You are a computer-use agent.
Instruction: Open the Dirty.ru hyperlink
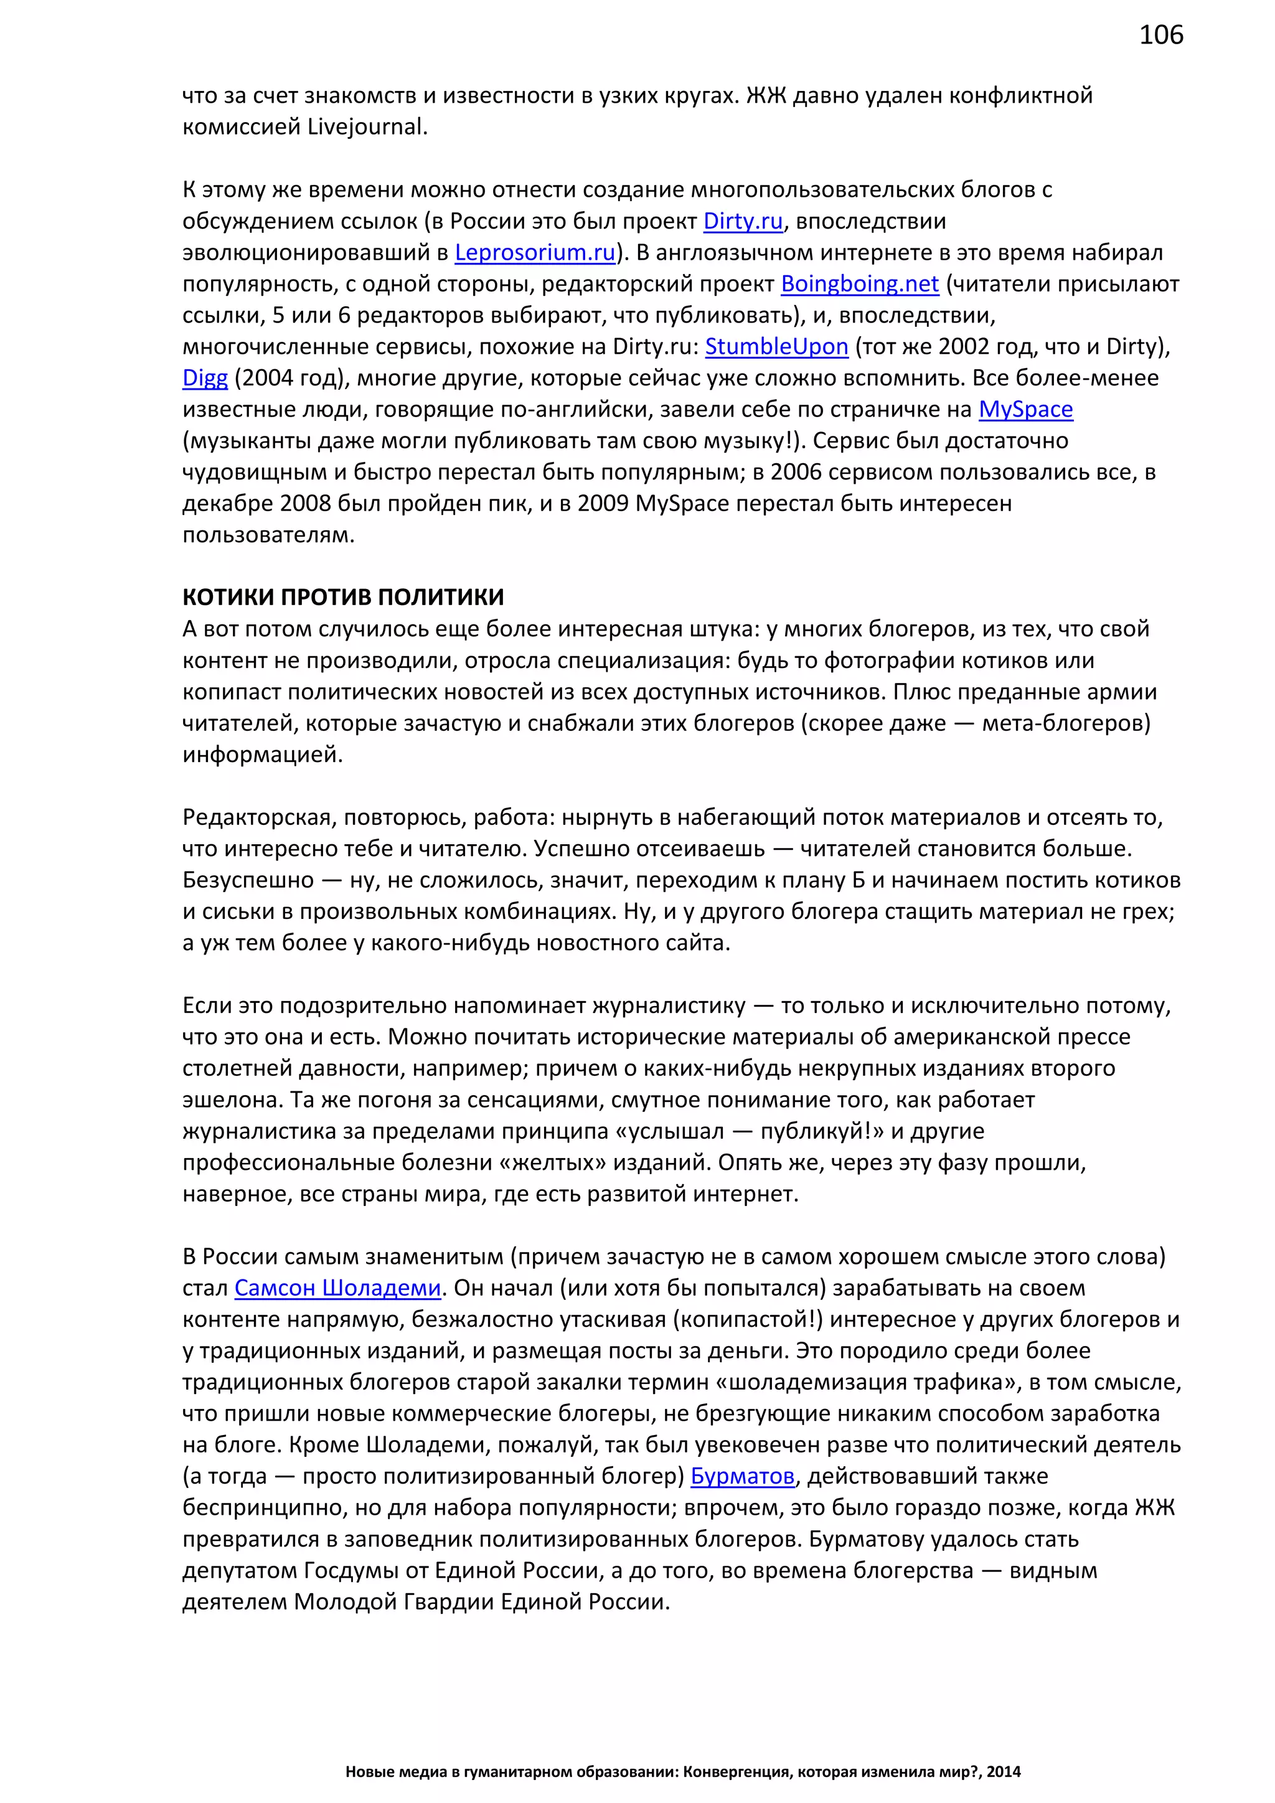[x=743, y=222]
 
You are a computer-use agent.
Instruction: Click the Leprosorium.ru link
[x=535, y=253]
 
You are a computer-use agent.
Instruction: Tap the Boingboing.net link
[x=860, y=285]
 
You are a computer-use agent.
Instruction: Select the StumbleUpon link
[x=776, y=347]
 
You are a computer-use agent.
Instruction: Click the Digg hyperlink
[x=205, y=379]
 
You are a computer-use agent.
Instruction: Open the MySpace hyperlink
[x=1025, y=410]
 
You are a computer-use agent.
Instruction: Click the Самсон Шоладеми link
[x=337, y=1288]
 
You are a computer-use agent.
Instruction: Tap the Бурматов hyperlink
[x=743, y=1476]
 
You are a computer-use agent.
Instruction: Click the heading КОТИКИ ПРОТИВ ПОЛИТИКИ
[x=343, y=597]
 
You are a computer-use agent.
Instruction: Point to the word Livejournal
[x=367, y=127]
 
